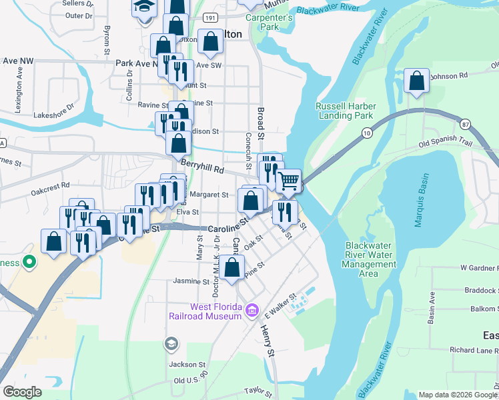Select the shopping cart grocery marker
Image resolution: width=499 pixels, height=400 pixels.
288,181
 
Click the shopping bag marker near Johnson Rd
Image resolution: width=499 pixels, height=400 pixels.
417,82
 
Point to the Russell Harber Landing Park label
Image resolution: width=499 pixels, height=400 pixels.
346,111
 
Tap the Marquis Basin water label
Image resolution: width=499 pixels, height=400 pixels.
418,201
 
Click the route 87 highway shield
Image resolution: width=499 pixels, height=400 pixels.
465,124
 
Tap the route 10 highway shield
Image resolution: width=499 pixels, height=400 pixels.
367,133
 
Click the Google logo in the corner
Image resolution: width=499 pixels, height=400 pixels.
23,392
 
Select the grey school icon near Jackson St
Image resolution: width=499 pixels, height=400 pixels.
171,344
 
